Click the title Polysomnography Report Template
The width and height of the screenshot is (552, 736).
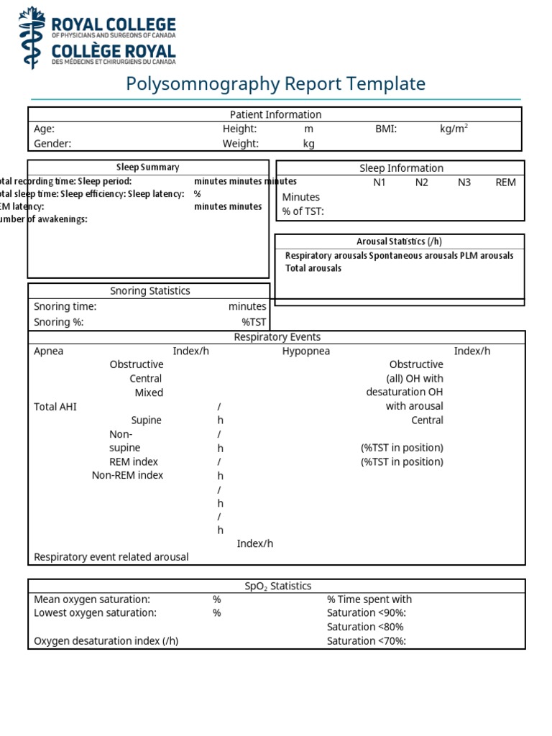[x=276, y=83]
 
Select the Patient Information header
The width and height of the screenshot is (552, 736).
[x=275, y=114]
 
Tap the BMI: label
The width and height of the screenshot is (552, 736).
[x=386, y=129]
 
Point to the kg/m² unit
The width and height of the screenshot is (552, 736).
[x=454, y=129]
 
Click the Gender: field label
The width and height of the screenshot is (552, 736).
[x=52, y=143]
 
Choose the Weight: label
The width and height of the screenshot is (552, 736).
[x=240, y=143]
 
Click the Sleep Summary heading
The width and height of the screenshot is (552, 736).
[x=148, y=167]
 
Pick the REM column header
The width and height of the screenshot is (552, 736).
[x=505, y=182]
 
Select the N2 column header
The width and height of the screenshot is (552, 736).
[x=421, y=182]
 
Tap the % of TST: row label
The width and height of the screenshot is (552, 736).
[x=303, y=211]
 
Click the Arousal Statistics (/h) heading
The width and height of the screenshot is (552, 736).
[x=400, y=241]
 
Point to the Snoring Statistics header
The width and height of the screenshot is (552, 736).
[x=150, y=290]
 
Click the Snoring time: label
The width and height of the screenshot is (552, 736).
[x=65, y=306]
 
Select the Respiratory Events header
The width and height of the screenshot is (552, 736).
[x=277, y=336]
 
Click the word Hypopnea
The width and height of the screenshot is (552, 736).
[x=305, y=351]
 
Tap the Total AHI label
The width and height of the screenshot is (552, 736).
[x=55, y=406]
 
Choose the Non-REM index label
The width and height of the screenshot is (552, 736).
[x=127, y=475]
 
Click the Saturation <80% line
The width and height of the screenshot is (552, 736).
[x=365, y=627]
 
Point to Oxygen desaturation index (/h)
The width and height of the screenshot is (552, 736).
[x=106, y=640]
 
